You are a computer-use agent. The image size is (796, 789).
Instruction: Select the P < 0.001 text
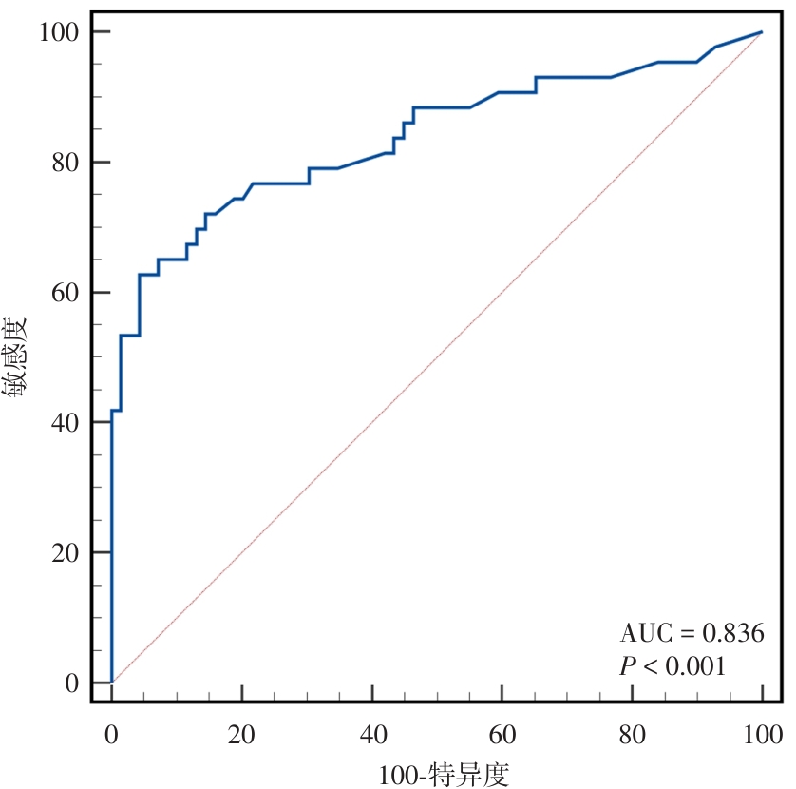tap(673, 666)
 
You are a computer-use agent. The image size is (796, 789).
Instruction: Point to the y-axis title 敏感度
tap(20, 357)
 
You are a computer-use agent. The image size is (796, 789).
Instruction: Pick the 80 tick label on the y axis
tap(63, 164)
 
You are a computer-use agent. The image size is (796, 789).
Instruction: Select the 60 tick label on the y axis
tap(63, 293)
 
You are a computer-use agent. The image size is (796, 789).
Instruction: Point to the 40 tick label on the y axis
tap(63, 423)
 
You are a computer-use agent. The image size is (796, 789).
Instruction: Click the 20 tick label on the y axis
tap(63, 553)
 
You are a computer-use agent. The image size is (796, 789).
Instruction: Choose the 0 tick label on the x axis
tap(112, 735)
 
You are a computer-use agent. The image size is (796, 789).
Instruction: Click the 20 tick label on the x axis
tap(242, 735)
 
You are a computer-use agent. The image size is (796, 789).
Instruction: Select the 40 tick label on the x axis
tap(372, 735)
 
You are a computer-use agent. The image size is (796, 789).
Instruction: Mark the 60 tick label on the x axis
tap(502, 735)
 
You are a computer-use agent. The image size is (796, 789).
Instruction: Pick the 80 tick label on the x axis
tap(633, 735)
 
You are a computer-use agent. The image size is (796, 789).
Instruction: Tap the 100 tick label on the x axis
tap(762, 735)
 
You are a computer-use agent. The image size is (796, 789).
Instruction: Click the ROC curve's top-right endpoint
tap(762, 32)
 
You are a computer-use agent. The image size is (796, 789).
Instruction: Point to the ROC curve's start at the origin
tap(112, 683)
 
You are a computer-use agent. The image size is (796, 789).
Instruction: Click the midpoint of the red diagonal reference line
tap(437, 357)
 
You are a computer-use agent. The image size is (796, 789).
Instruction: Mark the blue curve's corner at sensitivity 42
tap(112, 411)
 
